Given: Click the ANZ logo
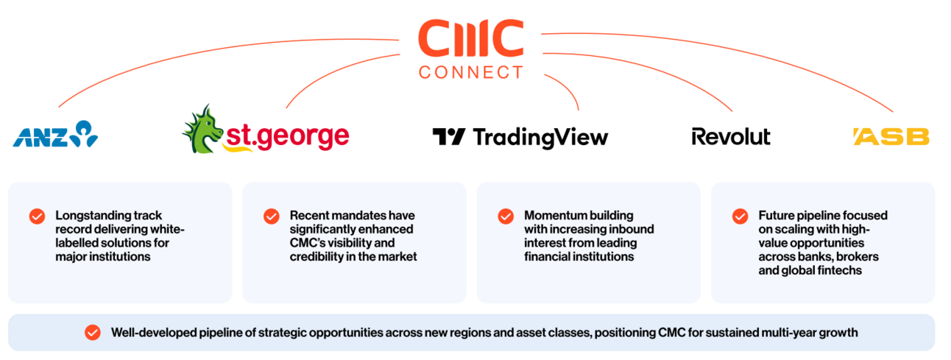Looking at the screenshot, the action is tap(55, 134).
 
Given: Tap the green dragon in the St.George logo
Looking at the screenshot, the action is tap(202, 130).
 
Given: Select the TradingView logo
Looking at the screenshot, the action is tap(520, 138).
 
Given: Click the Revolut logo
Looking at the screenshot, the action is tap(731, 137).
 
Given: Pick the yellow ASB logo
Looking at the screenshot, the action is tap(891, 137).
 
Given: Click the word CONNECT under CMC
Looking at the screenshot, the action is tap(470, 73).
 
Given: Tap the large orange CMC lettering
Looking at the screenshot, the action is tap(471, 38).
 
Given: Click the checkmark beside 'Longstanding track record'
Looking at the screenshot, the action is tap(37, 216).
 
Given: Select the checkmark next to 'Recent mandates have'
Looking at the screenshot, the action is tap(272, 216).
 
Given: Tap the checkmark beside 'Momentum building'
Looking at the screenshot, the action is tap(506, 216).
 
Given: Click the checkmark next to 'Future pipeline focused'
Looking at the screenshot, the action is tap(740, 216).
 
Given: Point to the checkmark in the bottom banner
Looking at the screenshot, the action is tap(93, 333).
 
